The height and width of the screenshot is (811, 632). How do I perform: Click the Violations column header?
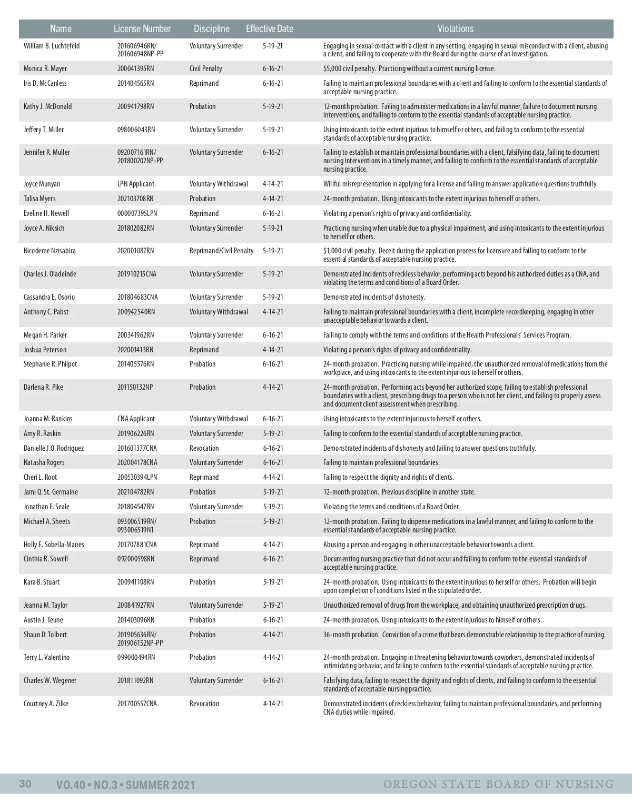click(x=455, y=29)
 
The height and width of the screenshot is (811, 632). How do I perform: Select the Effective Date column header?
click(x=269, y=29)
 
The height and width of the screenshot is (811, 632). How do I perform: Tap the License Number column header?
click(x=142, y=29)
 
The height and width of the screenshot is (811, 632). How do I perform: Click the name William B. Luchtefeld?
click(x=52, y=46)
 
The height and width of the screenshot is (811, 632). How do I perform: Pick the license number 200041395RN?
click(x=135, y=68)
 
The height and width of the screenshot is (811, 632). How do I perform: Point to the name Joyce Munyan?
click(x=42, y=184)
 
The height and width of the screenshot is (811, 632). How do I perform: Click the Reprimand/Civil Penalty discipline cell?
click(x=221, y=251)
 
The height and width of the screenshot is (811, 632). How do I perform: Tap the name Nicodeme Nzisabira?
click(x=50, y=251)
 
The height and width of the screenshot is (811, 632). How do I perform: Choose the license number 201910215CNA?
click(x=137, y=274)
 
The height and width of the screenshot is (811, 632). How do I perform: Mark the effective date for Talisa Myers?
click(x=273, y=199)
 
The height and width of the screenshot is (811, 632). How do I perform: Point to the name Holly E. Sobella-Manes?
click(x=54, y=545)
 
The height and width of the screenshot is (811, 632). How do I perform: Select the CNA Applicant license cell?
click(x=136, y=419)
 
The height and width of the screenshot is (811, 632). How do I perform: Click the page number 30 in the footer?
click(x=25, y=784)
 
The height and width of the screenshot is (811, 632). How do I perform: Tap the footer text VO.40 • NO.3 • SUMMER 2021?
click(x=125, y=785)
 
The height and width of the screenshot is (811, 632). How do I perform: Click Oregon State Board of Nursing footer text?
click(x=498, y=784)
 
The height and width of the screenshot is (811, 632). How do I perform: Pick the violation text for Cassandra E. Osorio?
click(x=374, y=297)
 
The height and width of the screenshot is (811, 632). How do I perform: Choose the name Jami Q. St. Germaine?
click(x=51, y=492)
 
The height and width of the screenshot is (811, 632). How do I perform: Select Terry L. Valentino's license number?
click(x=136, y=657)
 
